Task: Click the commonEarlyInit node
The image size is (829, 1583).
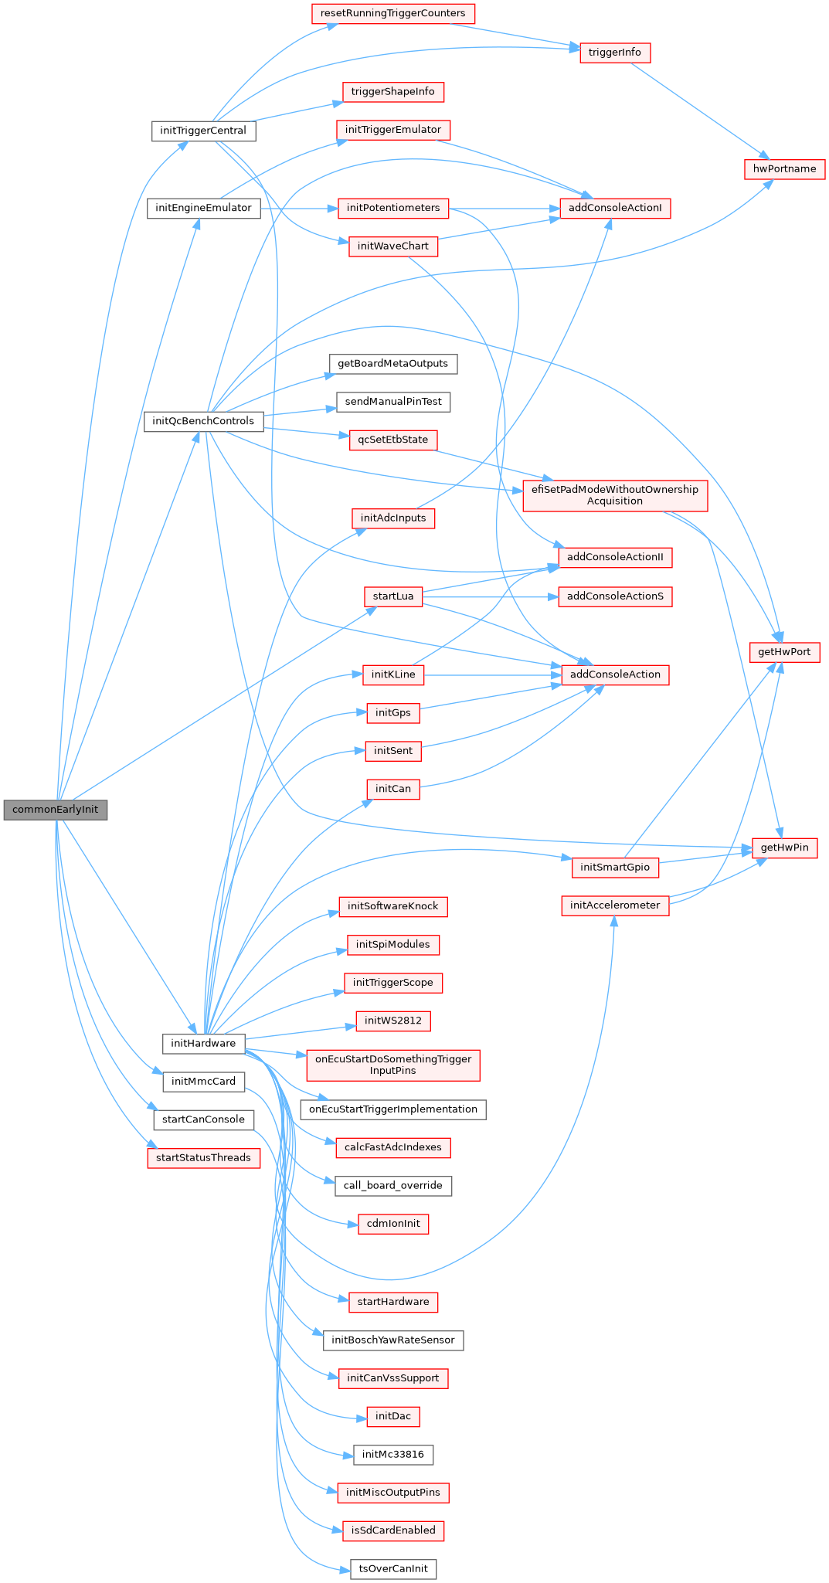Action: (56, 810)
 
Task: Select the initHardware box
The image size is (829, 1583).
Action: (203, 1043)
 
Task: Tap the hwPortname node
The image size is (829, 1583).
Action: (784, 168)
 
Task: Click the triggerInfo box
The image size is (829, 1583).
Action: (615, 53)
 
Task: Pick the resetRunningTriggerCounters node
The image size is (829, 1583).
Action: (392, 13)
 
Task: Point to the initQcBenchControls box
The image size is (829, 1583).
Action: (203, 421)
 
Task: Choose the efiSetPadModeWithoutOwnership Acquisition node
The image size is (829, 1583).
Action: (615, 495)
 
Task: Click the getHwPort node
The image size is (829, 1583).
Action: (784, 652)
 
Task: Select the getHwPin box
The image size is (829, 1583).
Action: (784, 848)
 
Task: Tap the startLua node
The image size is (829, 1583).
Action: (393, 596)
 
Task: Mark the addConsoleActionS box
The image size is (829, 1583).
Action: (615, 596)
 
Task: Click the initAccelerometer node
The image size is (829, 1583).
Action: (615, 905)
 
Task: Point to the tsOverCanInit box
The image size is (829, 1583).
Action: (393, 1569)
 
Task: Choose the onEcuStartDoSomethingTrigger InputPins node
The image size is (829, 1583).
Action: (393, 1065)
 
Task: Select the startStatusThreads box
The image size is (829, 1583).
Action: (203, 1157)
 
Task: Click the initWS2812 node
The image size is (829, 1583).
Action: (393, 1021)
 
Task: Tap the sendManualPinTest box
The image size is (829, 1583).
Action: (393, 402)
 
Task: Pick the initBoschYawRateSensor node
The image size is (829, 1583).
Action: (393, 1340)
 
